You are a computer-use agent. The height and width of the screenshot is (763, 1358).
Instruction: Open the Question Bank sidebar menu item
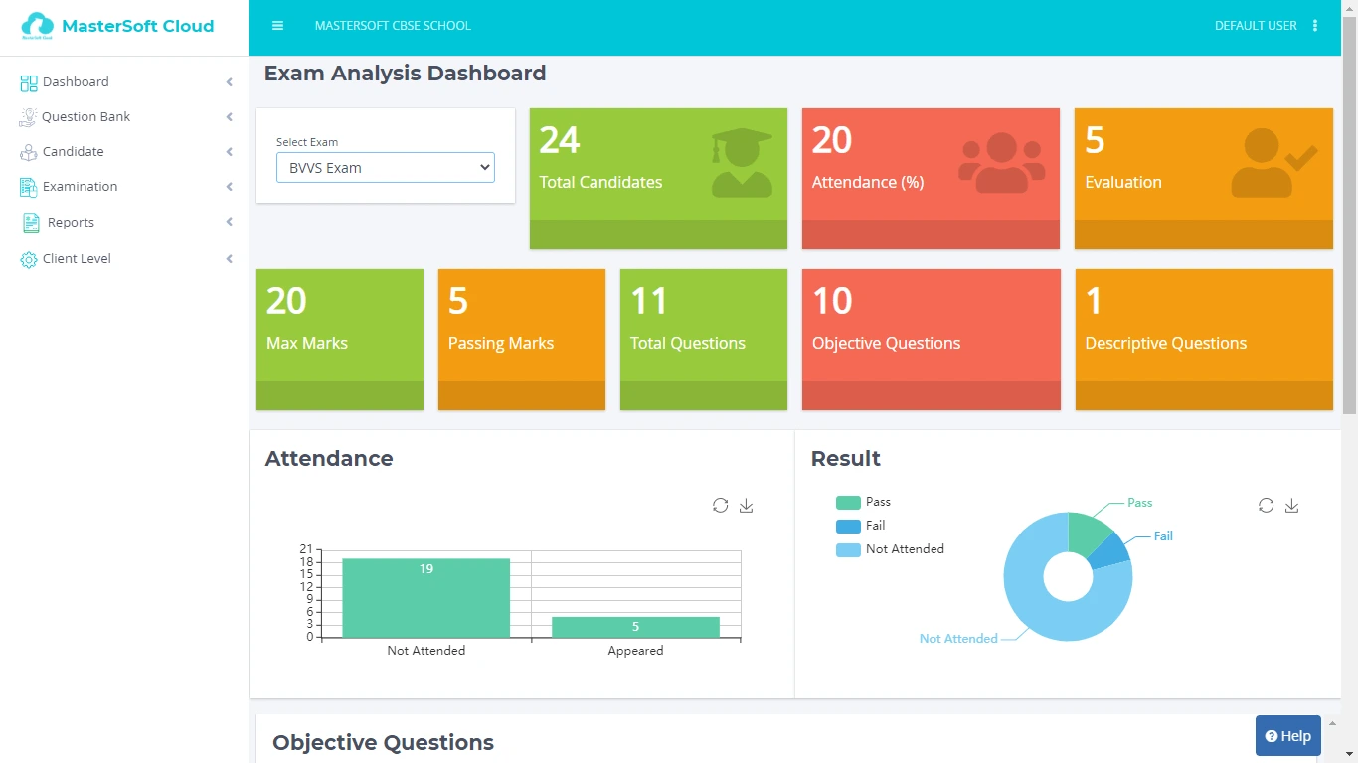pos(85,117)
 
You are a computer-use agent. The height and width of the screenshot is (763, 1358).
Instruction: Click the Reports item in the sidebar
pos(71,223)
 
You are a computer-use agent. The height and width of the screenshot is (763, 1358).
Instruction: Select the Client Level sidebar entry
pos(77,259)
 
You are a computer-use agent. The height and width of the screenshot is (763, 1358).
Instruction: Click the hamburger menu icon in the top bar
pos(278,26)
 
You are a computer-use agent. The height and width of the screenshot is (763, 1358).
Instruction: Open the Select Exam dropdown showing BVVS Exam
pos(386,168)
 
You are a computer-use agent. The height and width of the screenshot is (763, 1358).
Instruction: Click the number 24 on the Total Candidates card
pos(560,141)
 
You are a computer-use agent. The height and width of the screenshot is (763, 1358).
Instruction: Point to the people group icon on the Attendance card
pos(1001,162)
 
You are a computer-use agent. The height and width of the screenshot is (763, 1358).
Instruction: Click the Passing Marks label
pos(501,344)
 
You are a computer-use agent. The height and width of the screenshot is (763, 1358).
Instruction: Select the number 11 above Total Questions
pos(649,302)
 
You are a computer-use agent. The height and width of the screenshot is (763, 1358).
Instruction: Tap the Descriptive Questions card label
pos(1165,344)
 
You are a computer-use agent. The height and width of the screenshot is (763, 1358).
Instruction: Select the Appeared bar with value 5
pos(635,627)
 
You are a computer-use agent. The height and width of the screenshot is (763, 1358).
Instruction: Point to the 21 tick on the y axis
pos(306,549)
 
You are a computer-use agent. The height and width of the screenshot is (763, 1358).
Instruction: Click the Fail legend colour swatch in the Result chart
pos(848,527)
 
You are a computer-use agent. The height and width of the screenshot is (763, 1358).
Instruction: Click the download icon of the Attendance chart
pos(747,506)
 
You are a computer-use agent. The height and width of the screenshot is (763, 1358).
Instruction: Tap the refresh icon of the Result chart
pos(1266,506)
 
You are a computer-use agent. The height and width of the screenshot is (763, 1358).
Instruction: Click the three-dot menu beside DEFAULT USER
pos(1316,26)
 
